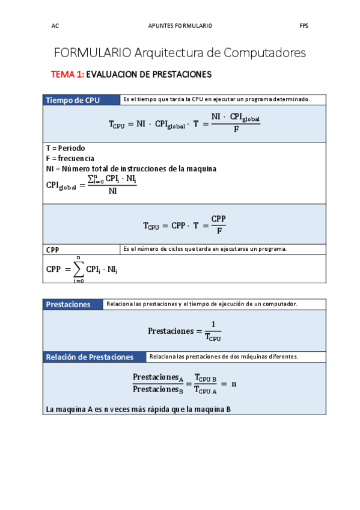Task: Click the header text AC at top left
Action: pos(55,26)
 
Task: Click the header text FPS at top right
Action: pos(304,26)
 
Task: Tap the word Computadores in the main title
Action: pos(264,53)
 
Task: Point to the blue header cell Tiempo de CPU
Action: pos(73,100)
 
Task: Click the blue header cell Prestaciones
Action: pos(69,304)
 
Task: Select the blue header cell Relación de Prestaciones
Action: pos(90,357)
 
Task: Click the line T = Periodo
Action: pos(66,148)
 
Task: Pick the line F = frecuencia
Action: pos(70,158)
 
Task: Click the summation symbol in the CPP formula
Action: pos(78,269)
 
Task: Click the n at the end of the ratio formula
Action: pos(234,383)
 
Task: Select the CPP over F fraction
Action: pos(219,224)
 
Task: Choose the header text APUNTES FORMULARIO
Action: pos(180,26)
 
